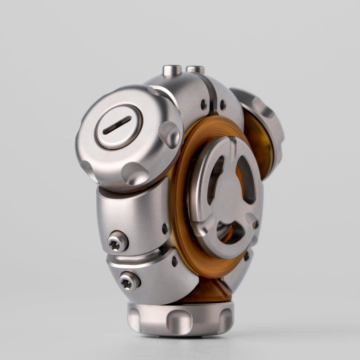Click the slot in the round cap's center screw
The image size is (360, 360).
[x=117, y=125]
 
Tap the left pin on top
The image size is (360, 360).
[x=172, y=70]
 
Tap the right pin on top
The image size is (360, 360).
[x=195, y=70]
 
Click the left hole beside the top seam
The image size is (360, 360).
[x=204, y=104]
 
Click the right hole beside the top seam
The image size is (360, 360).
[x=222, y=105]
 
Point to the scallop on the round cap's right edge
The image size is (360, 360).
[x=169, y=134]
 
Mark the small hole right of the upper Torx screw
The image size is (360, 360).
[x=165, y=229]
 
